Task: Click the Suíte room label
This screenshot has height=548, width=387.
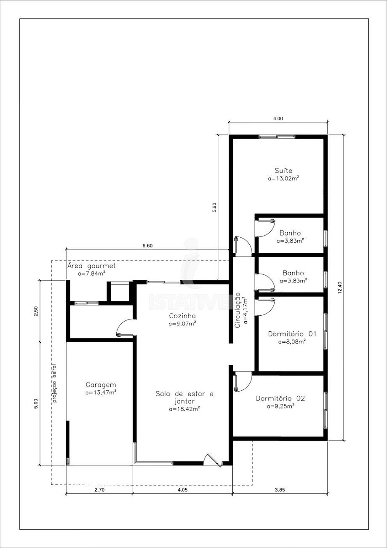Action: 283,170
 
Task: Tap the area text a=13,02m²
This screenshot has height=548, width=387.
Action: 284,178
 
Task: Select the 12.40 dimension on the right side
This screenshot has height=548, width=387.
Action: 341,288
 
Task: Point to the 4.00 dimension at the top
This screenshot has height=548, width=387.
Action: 278,118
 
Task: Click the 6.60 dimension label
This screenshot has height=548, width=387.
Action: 147,246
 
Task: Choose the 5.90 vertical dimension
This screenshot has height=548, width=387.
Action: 214,207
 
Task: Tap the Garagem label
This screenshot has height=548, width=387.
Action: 101,385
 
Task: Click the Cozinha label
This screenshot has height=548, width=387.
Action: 182,316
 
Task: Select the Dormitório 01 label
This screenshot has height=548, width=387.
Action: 292,334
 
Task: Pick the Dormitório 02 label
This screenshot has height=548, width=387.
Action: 280,398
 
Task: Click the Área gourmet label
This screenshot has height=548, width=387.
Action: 91,266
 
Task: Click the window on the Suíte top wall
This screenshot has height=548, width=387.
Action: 277,137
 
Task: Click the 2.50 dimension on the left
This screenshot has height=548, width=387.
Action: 36,311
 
